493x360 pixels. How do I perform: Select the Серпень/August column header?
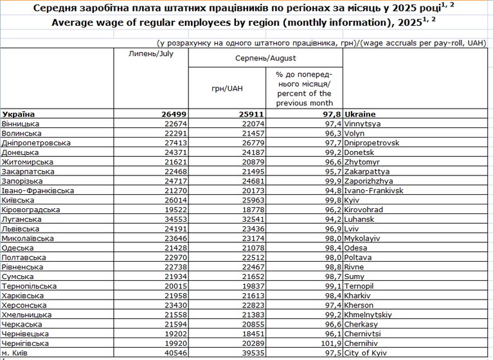coord(265,57)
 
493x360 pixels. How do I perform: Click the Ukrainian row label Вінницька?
coord(21,123)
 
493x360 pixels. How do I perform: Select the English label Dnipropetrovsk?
coord(372,143)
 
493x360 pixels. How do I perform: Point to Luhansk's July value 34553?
coord(172,219)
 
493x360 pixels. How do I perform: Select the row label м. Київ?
coord(14,354)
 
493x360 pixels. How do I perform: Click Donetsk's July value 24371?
coord(172,152)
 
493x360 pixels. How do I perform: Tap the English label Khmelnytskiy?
coord(368,315)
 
